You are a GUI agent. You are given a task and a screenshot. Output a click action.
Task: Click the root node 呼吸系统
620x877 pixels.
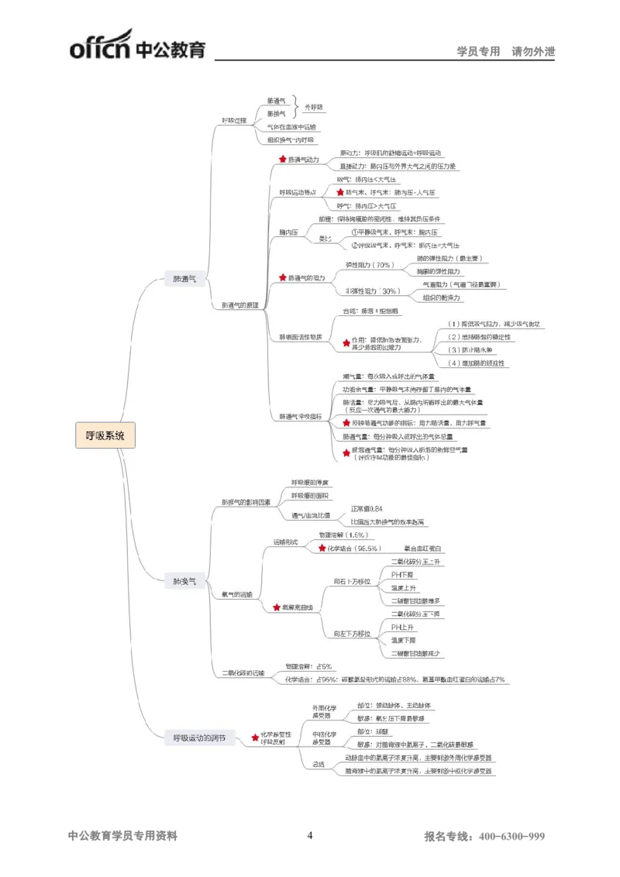[x=105, y=435]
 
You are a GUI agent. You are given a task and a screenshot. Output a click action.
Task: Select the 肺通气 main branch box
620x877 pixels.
[x=184, y=278]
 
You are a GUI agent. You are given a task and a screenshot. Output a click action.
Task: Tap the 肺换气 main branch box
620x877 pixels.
[x=184, y=580]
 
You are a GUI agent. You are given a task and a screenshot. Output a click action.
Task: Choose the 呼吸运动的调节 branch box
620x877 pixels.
[x=199, y=738]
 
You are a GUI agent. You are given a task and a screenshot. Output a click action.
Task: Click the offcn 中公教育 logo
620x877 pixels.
[x=137, y=45]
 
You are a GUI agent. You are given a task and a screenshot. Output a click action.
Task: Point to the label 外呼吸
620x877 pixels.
[x=313, y=107]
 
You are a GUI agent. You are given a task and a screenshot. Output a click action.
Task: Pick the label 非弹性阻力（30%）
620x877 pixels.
[x=372, y=291]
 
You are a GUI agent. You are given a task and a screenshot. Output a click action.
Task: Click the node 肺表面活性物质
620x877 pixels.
[x=300, y=337]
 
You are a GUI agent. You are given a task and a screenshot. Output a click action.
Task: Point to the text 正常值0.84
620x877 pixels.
[x=367, y=508]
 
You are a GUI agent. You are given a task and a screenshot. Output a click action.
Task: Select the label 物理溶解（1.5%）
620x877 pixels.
[x=343, y=535]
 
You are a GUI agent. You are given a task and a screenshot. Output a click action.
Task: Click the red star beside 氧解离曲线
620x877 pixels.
[x=277, y=607]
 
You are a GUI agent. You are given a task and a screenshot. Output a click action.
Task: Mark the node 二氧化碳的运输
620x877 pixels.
[x=243, y=672]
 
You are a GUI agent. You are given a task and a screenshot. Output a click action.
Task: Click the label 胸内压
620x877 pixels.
[x=289, y=232]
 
